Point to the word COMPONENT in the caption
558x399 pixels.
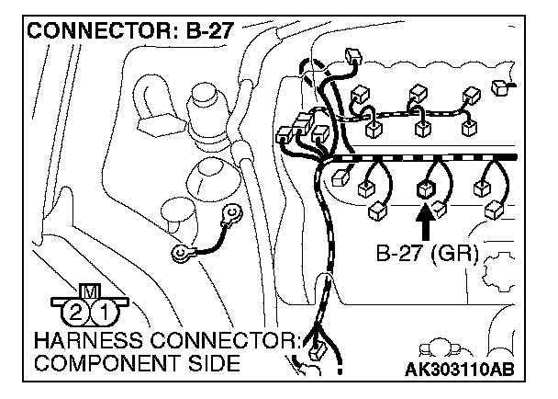click(84, 363)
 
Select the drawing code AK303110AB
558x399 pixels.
click(456, 370)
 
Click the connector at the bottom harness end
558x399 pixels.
click(318, 352)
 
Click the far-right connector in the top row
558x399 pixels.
click(500, 88)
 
